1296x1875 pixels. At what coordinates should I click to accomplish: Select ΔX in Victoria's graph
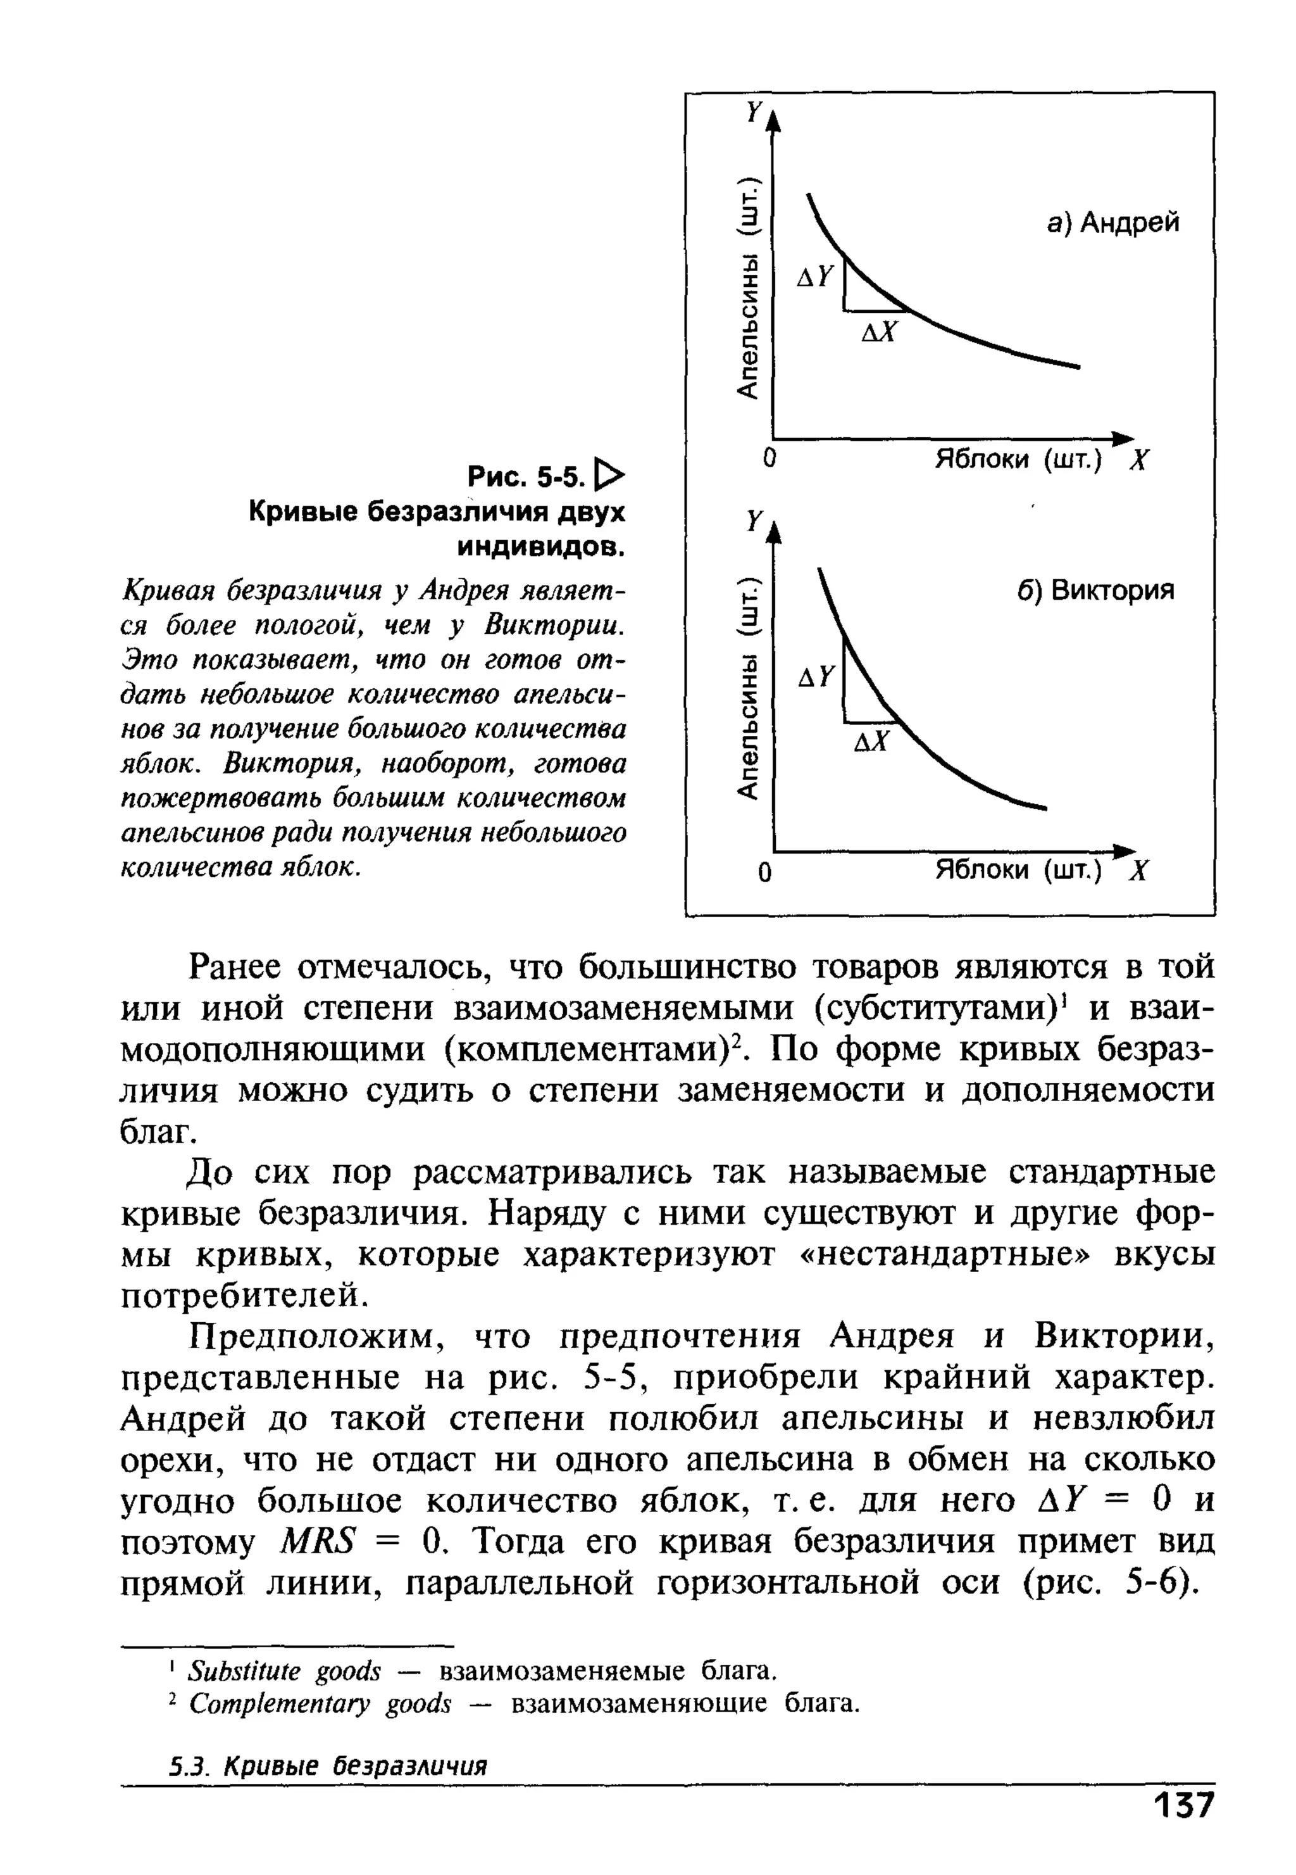(872, 741)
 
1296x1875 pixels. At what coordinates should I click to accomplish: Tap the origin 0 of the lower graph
(764, 873)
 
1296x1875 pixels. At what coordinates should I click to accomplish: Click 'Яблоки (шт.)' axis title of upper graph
(1018, 460)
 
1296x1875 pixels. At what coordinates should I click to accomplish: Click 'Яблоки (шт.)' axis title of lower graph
(1018, 871)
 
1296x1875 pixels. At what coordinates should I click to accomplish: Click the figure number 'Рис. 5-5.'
(526, 477)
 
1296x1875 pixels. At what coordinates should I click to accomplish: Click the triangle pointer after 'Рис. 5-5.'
(611, 476)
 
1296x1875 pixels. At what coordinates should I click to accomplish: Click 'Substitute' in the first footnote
(244, 1671)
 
